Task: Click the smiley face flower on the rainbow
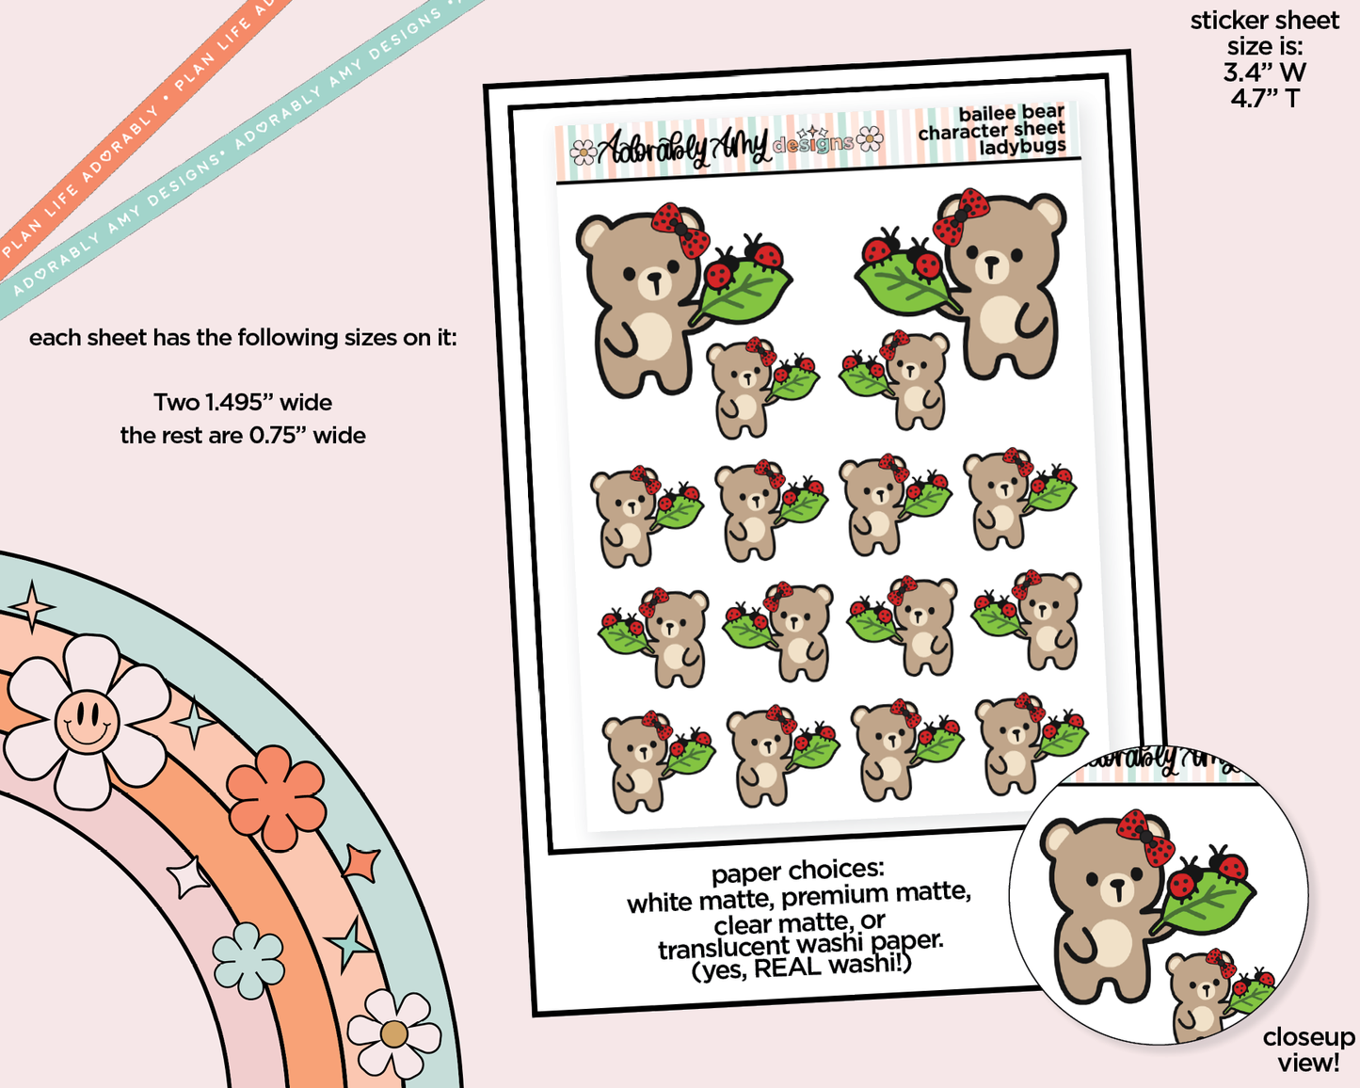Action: pyautogui.click(x=88, y=721)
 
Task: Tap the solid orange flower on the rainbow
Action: pyautogui.click(x=276, y=797)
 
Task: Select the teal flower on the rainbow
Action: pyautogui.click(x=248, y=960)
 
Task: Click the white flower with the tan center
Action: pyautogui.click(x=393, y=1033)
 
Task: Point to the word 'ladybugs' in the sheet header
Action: pyautogui.click(x=1022, y=147)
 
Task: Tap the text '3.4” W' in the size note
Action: pyautogui.click(x=1265, y=72)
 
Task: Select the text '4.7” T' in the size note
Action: pyautogui.click(x=1265, y=98)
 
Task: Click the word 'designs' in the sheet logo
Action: pyautogui.click(x=813, y=145)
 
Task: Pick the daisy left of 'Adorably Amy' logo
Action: pyautogui.click(x=583, y=152)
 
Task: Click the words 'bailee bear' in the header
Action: pyautogui.click(x=1011, y=113)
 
